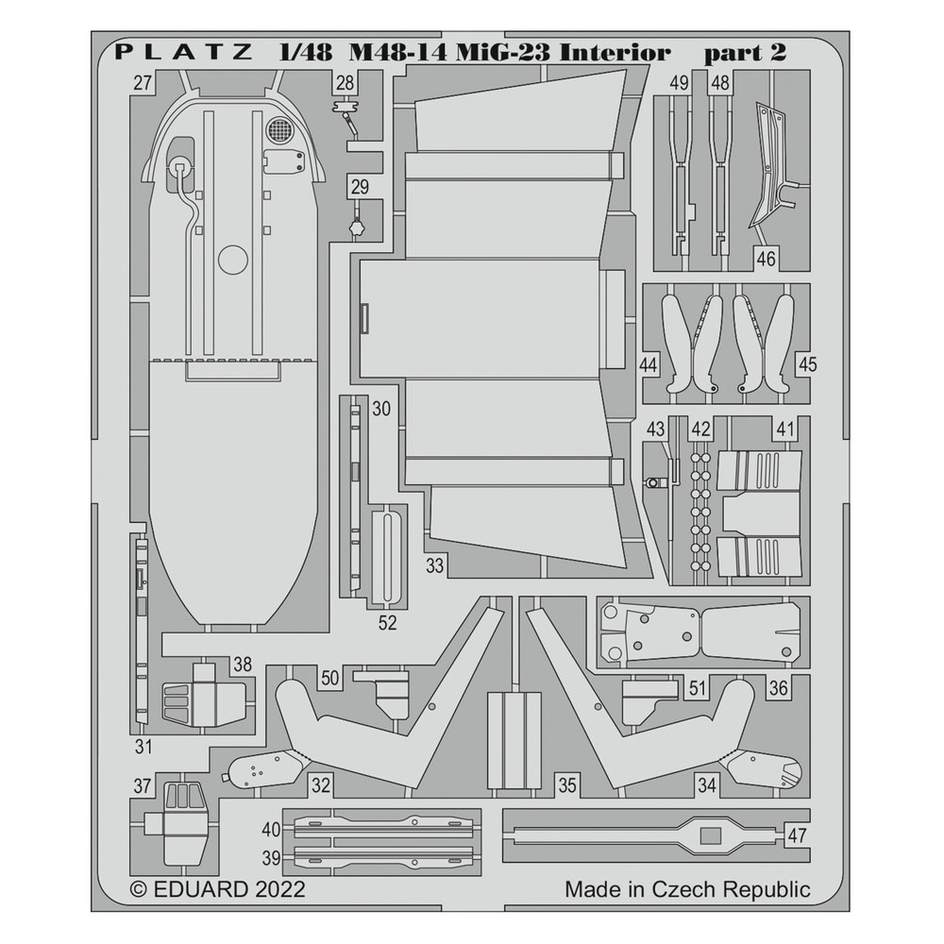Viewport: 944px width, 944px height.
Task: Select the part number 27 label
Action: [x=143, y=84]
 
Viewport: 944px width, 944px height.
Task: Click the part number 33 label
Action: [x=434, y=566]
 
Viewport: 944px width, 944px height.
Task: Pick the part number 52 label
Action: [x=387, y=623]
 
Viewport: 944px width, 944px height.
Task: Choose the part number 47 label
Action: [x=798, y=834]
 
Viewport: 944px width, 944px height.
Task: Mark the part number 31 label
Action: [x=143, y=749]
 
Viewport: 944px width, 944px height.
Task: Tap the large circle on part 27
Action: [x=233, y=262]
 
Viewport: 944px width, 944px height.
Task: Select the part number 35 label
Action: [x=566, y=784]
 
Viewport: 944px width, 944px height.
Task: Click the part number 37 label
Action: [x=143, y=785]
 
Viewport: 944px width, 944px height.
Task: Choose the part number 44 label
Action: [x=648, y=364]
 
